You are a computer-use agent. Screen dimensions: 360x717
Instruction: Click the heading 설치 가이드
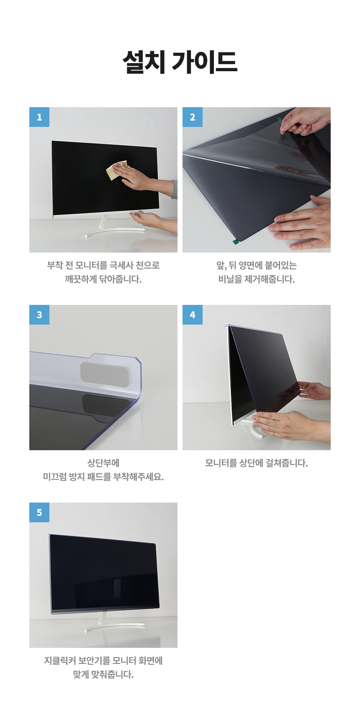(x=180, y=62)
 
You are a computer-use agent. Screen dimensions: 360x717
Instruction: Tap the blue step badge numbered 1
(x=39, y=117)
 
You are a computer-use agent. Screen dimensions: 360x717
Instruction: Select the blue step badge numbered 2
(x=192, y=117)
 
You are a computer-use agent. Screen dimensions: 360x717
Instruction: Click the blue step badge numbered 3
(x=39, y=315)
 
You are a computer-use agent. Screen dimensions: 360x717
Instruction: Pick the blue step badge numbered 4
(x=192, y=315)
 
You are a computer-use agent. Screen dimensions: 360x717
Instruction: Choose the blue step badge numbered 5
(x=39, y=513)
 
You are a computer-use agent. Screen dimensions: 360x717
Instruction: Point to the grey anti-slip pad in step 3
(x=105, y=372)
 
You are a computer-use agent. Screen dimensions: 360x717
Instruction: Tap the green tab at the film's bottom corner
(x=236, y=241)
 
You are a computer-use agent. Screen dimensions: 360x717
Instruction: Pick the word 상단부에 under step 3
(x=103, y=463)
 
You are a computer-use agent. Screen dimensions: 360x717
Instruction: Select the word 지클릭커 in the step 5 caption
(x=60, y=660)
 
